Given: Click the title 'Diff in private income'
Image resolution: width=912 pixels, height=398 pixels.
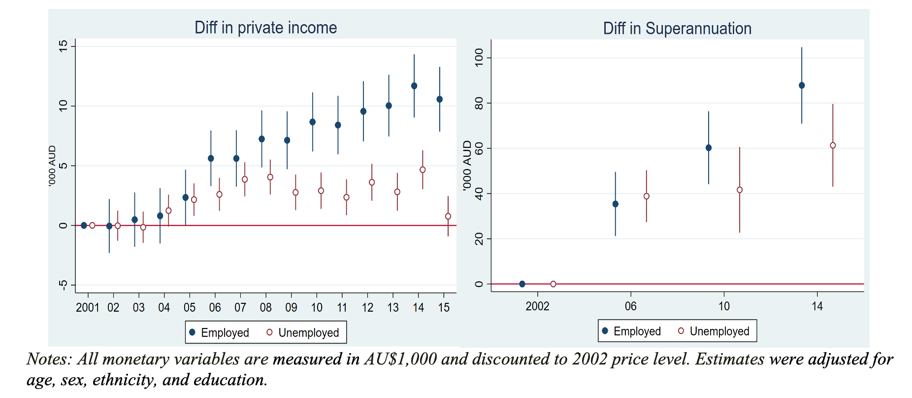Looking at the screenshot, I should [265, 28].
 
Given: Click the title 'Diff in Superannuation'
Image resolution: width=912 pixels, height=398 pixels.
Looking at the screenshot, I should [677, 29].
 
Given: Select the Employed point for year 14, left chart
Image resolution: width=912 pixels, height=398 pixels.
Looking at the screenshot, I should [414, 86].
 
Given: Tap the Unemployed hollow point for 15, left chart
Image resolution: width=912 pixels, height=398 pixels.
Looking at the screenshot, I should [448, 216].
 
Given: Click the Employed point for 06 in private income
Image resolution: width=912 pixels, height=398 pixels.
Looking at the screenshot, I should [211, 159].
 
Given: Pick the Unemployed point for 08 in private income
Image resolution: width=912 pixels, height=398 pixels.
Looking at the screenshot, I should [270, 177].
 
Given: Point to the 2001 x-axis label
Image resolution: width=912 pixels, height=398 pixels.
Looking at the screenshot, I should [88, 308].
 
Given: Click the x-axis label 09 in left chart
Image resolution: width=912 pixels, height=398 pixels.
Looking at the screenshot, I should [291, 308].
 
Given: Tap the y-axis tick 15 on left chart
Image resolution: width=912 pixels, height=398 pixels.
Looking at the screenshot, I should [63, 46].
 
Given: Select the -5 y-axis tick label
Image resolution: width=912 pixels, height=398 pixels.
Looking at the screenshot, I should [63, 285].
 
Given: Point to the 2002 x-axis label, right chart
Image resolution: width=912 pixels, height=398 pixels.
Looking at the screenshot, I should [537, 306].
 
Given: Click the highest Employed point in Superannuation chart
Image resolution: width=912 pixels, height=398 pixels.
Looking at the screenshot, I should [802, 86].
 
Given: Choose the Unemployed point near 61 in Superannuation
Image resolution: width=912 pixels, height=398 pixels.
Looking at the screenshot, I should [833, 145].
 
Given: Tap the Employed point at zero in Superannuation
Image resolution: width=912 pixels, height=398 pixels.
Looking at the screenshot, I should [522, 284].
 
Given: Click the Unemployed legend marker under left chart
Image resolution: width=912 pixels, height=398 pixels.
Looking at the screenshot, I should [269, 332].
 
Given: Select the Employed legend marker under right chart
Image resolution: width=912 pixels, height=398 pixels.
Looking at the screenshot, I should [605, 331].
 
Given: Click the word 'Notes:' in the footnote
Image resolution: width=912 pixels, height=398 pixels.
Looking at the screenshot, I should [49, 359].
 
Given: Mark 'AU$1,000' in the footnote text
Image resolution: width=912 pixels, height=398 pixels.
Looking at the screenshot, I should [400, 359].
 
